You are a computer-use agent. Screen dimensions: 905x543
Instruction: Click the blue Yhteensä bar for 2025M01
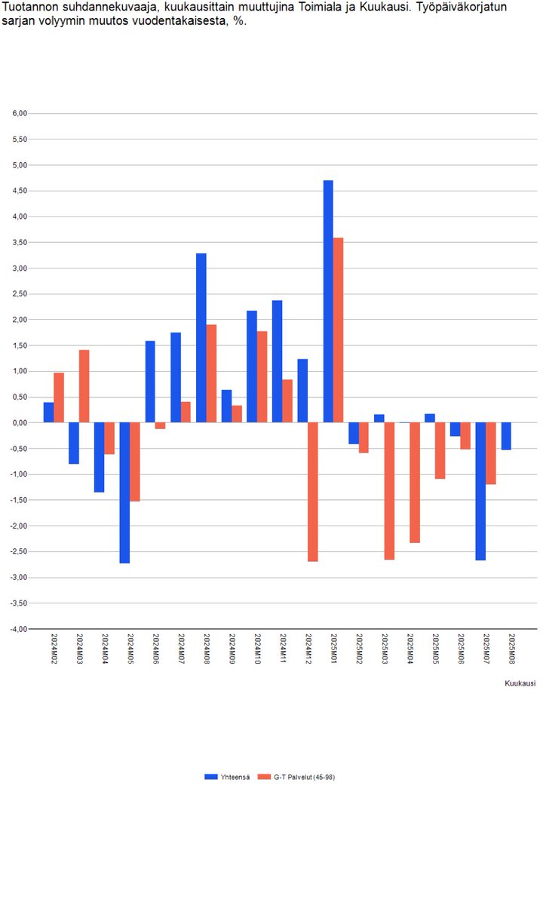(328, 302)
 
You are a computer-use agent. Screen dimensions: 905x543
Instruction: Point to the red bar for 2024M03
(84, 386)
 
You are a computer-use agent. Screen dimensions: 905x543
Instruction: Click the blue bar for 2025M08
(506, 436)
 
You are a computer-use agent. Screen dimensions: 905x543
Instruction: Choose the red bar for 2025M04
(414, 483)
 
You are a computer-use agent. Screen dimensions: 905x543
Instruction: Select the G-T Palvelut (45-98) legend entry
(298, 777)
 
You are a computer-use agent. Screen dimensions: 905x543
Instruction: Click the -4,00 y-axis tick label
(17, 629)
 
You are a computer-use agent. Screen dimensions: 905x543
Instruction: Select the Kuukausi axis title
(520, 683)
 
